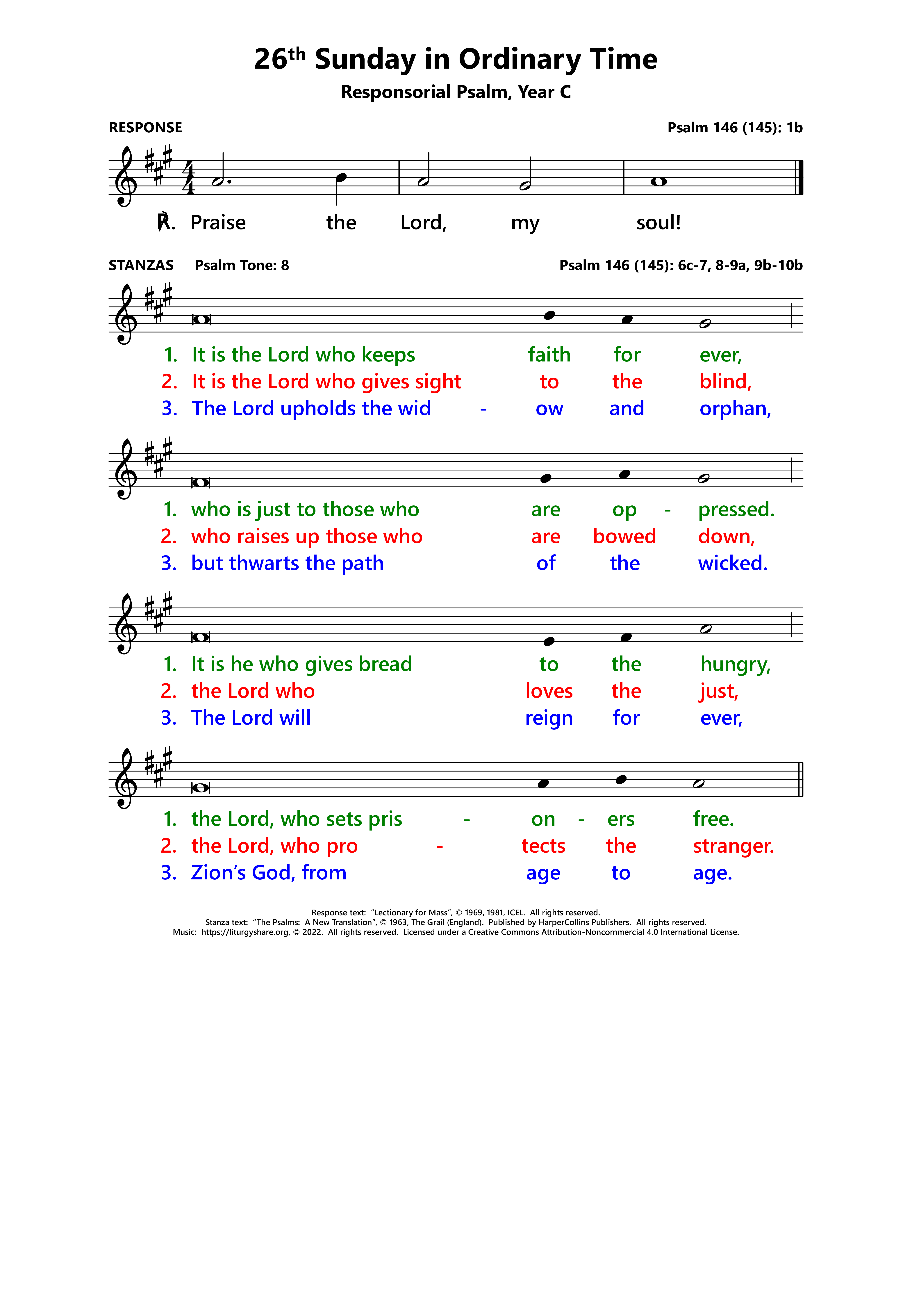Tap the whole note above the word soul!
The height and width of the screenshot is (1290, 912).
(x=658, y=181)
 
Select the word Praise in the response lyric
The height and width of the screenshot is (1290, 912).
(x=218, y=223)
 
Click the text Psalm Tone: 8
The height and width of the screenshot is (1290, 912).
(x=242, y=265)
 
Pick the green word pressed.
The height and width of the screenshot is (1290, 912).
(x=736, y=510)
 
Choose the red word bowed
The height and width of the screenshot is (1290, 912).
(x=624, y=537)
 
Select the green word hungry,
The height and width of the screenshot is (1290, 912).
(x=735, y=665)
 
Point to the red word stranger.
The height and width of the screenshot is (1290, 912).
(x=733, y=846)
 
